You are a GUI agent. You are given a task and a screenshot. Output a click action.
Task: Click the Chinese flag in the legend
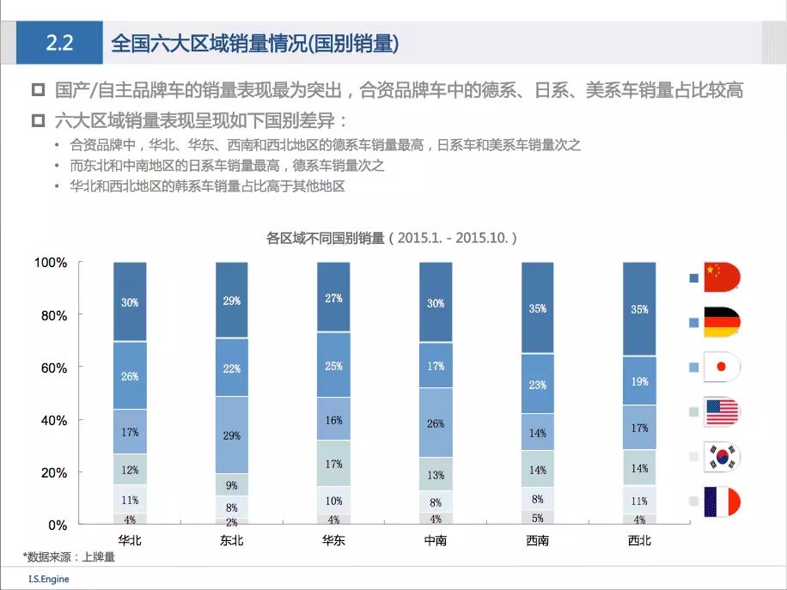click(721, 277)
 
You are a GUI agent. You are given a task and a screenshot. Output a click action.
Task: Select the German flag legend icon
click(721, 322)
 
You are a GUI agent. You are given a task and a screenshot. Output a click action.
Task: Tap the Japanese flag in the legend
click(721, 367)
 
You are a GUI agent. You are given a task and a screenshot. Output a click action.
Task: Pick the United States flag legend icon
click(721, 411)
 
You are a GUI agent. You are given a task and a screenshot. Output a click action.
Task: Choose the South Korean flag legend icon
click(721, 457)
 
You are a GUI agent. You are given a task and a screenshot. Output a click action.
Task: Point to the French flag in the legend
click(721, 502)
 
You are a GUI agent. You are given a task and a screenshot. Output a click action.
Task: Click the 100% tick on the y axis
click(51, 263)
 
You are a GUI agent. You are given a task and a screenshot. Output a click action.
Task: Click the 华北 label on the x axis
click(130, 541)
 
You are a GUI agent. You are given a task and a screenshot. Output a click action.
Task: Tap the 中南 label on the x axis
click(436, 541)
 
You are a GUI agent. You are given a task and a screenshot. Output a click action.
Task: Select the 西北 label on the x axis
click(639, 541)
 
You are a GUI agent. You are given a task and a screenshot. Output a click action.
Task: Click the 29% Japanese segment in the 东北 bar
click(231, 435)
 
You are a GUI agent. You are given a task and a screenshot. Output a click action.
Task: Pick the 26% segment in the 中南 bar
click(436, 423)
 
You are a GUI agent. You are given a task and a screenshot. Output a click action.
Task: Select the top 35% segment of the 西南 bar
click(538, 307)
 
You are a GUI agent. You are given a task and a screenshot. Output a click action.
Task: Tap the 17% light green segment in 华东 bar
click(333, 464)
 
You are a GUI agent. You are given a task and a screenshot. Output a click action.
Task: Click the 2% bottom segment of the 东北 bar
click(231, 521)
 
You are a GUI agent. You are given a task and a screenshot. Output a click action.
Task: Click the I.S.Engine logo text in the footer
click(48, 579)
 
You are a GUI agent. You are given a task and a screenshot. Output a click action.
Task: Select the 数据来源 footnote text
click(69, 557)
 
